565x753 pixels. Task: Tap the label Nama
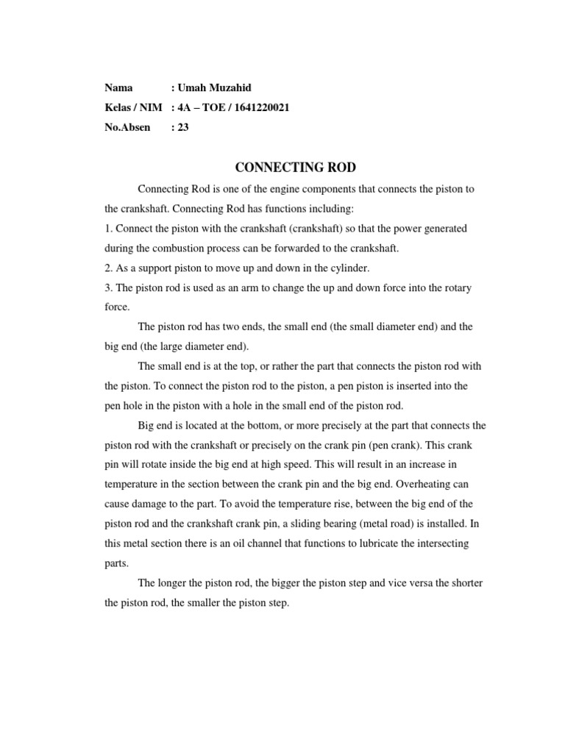[118, 88]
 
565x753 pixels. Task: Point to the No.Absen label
[127, 127]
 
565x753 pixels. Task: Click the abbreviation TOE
[220, 107]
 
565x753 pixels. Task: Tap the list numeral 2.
[107, 268]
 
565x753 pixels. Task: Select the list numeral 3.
[107, 288]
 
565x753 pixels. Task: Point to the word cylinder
[347, 268]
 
